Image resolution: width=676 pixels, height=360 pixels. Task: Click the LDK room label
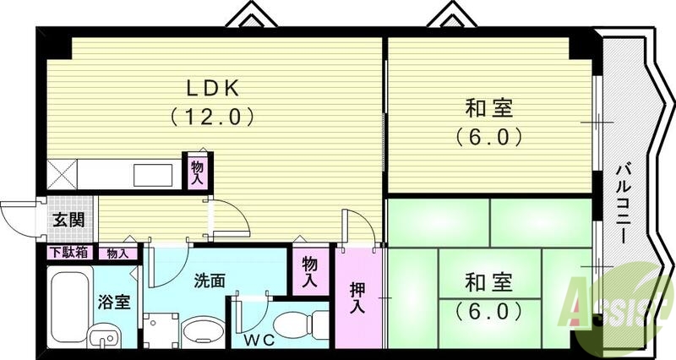(x=215, y=86)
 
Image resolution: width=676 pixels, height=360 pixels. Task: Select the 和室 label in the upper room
(x=489, y=108)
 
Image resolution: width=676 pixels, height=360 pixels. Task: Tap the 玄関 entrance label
(x=68, y=220)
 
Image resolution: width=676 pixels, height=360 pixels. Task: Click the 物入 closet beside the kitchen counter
(x=198, y=172)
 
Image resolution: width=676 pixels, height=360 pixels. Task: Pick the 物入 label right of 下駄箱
(x=118, y=253)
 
